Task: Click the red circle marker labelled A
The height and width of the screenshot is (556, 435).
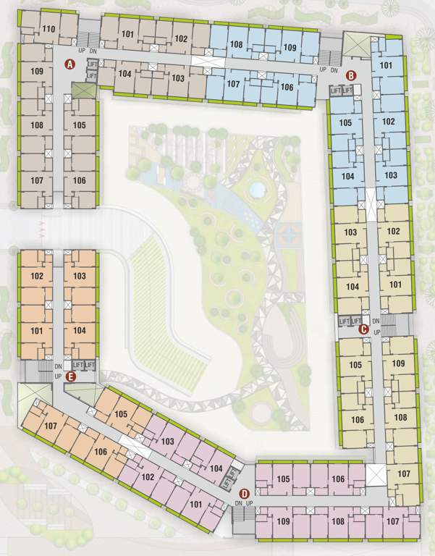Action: point(70,64)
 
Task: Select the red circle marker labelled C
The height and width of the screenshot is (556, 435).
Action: point(364,329)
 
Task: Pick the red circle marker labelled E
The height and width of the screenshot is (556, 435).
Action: point(70,376)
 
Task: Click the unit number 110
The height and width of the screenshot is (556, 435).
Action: point(49,29)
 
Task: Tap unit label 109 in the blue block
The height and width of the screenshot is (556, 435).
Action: point(290,48)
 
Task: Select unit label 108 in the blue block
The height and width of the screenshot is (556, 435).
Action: point(236,44)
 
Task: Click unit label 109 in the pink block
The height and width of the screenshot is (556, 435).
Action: point(283,521)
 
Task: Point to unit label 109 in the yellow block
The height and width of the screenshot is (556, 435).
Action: point(398,362)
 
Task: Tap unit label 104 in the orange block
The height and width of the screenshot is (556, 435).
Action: point(80,331)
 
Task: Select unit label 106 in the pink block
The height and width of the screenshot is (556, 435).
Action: point(338,479)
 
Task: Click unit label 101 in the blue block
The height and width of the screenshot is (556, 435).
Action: point(387,66)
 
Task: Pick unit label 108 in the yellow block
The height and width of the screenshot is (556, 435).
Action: point(400,418)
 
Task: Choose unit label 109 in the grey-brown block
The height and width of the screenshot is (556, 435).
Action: point(38,71)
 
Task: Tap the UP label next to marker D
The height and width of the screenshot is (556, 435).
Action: point(250,503)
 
